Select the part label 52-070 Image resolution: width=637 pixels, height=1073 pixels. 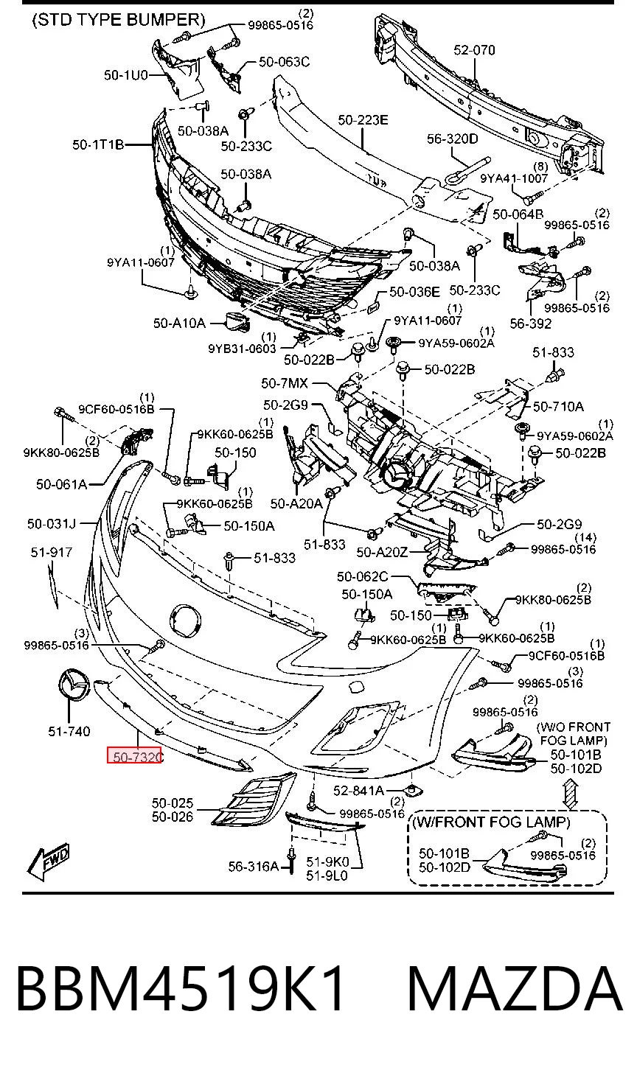(x=474, y=50)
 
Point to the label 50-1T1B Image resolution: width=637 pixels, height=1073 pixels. (x=98, y=144)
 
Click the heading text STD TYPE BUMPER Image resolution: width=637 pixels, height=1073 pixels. (x=119, y=20)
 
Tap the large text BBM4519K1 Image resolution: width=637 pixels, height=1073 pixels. (x=180, y=989)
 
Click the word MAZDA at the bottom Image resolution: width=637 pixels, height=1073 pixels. (x=515, y=989)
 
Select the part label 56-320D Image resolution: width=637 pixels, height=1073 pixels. (x=453, y=139)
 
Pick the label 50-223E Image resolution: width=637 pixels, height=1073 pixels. (x=363, y=119)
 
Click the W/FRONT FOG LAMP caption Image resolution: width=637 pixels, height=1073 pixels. (x=491, y=822)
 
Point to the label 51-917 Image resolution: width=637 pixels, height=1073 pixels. (x=52, y=552)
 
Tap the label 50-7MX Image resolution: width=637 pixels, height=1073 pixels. (x=285, y=383)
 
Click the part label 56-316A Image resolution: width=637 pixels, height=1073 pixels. (x=254, y=866)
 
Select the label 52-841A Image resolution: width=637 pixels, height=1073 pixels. (x=358, y=790)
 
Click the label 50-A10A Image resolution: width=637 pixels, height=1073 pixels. (x=179, y=324)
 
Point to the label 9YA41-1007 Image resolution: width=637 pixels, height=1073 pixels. (x=514, y=178)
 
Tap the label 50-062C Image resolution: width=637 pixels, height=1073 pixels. (x=362, y=576)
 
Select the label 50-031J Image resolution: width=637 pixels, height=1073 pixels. (x=52, y=523)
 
